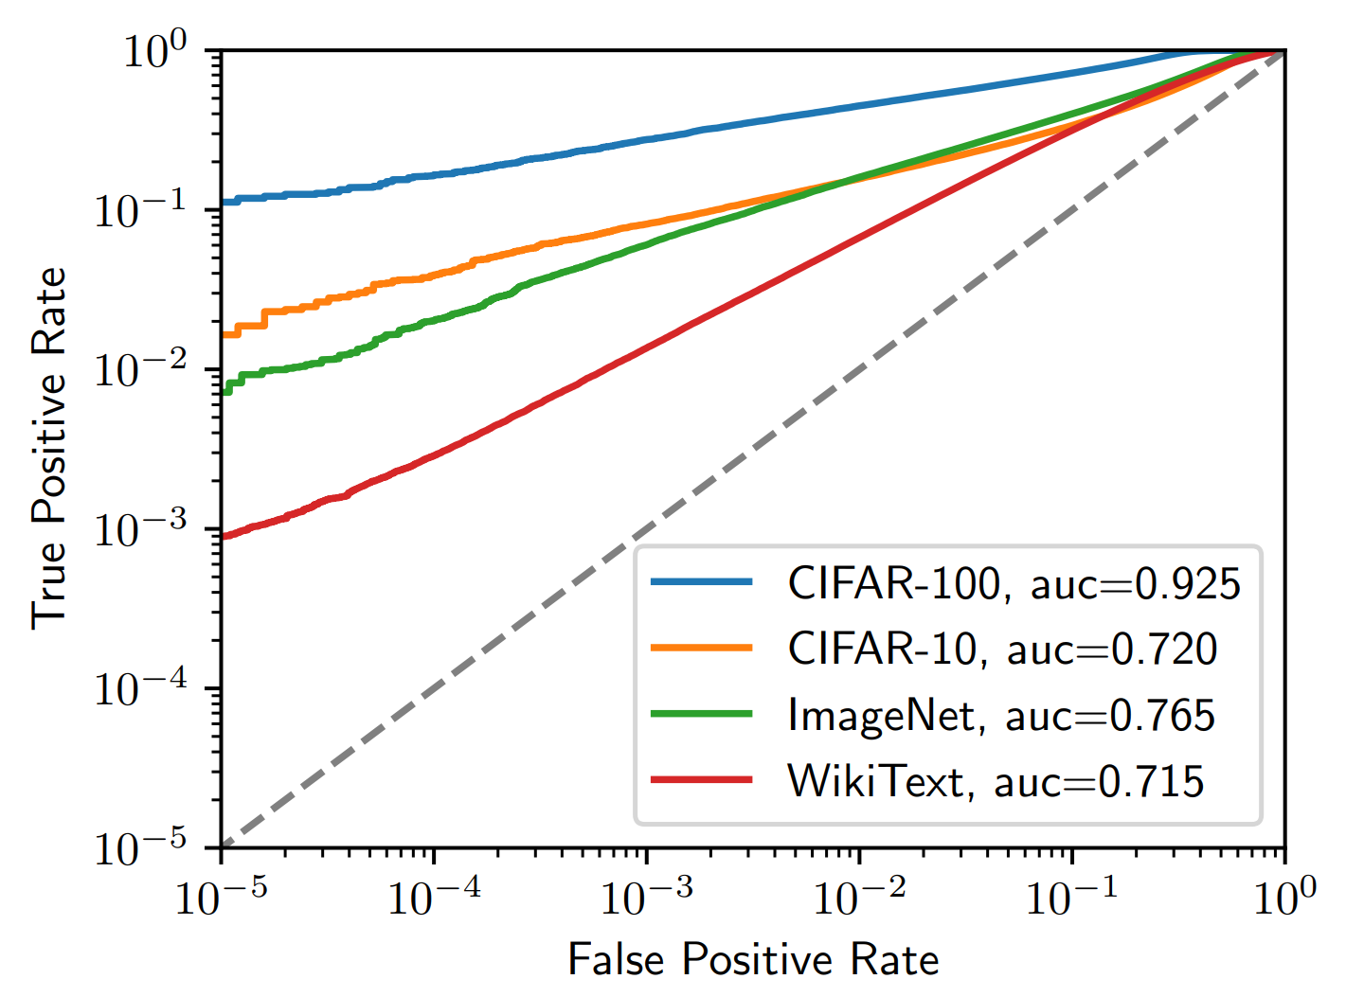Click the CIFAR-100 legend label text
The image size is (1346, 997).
(x=893, y=583)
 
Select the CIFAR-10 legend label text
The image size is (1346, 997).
(x=881, y=650)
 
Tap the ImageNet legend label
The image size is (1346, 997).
(x=881, y=715)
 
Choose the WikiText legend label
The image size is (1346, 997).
(x=875, y=781)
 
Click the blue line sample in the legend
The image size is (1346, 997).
(x=702, y=581)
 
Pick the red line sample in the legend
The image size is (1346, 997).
(x=702, y=779)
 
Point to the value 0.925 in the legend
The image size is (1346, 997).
(x=1187, y=584)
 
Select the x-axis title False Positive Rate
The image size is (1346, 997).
(x=753, y=959)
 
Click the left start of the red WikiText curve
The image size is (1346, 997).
(x=224, y=537)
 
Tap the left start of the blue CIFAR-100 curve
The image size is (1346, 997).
(x=224, y=203)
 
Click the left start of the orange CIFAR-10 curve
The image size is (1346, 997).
(x=224, y=334)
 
